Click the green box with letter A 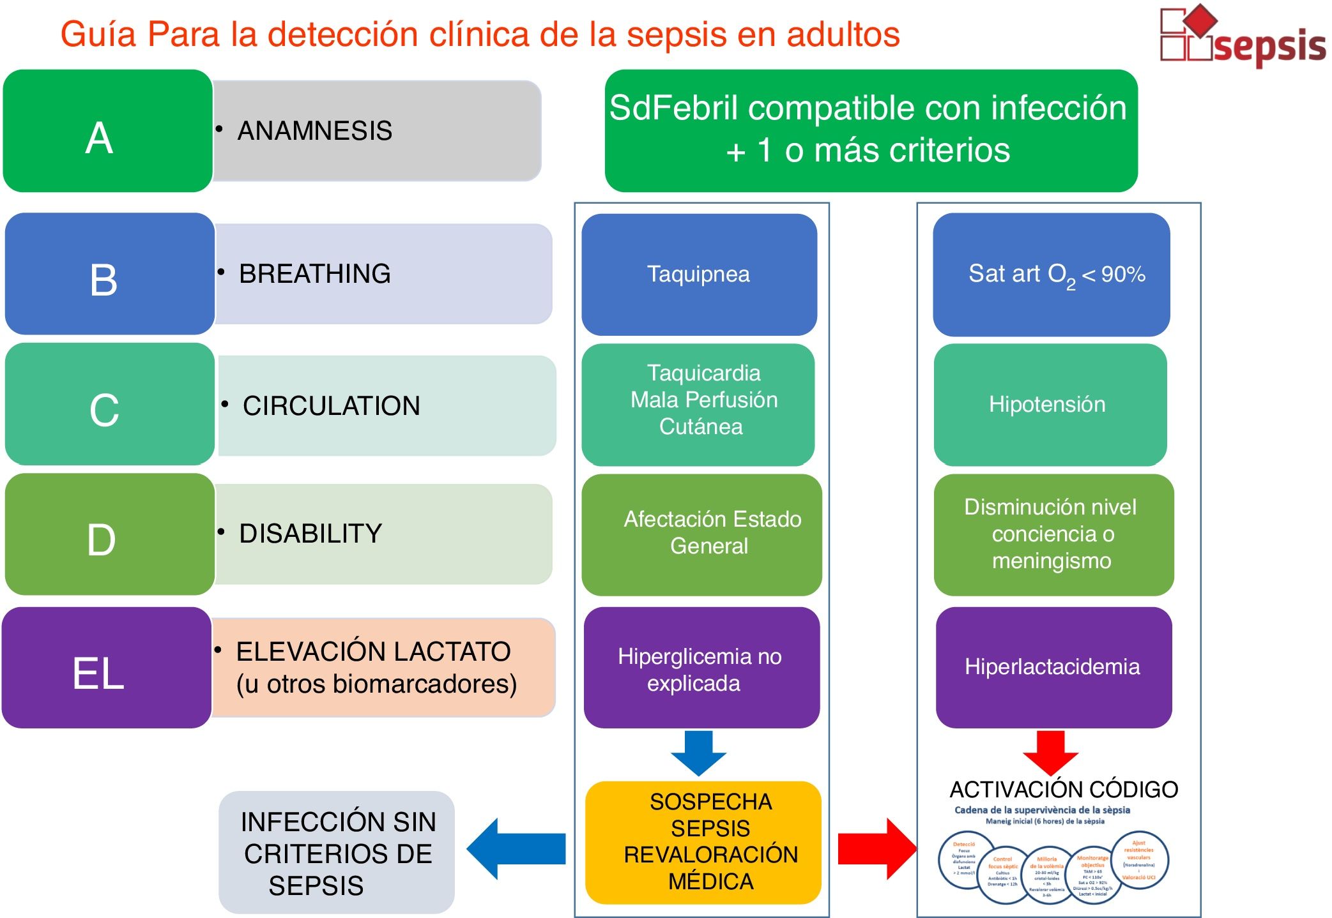tap(107, 131)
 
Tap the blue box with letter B tap(109, 274)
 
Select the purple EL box tap(106, 668)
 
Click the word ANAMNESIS tap(314, 131)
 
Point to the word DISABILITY tap(310, 534)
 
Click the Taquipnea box tap(699, 275)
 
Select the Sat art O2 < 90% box tap(1051, 275)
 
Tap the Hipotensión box tap(1050, 405)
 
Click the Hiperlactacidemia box tap(1053, 667)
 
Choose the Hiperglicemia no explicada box tap(701, 668)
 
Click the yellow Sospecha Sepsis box tap(703, 842)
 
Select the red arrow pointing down tap(1051, 752)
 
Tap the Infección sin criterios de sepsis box tap(337, 853)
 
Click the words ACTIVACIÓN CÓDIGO tap(1064, 790)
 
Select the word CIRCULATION tap(332, 406)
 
